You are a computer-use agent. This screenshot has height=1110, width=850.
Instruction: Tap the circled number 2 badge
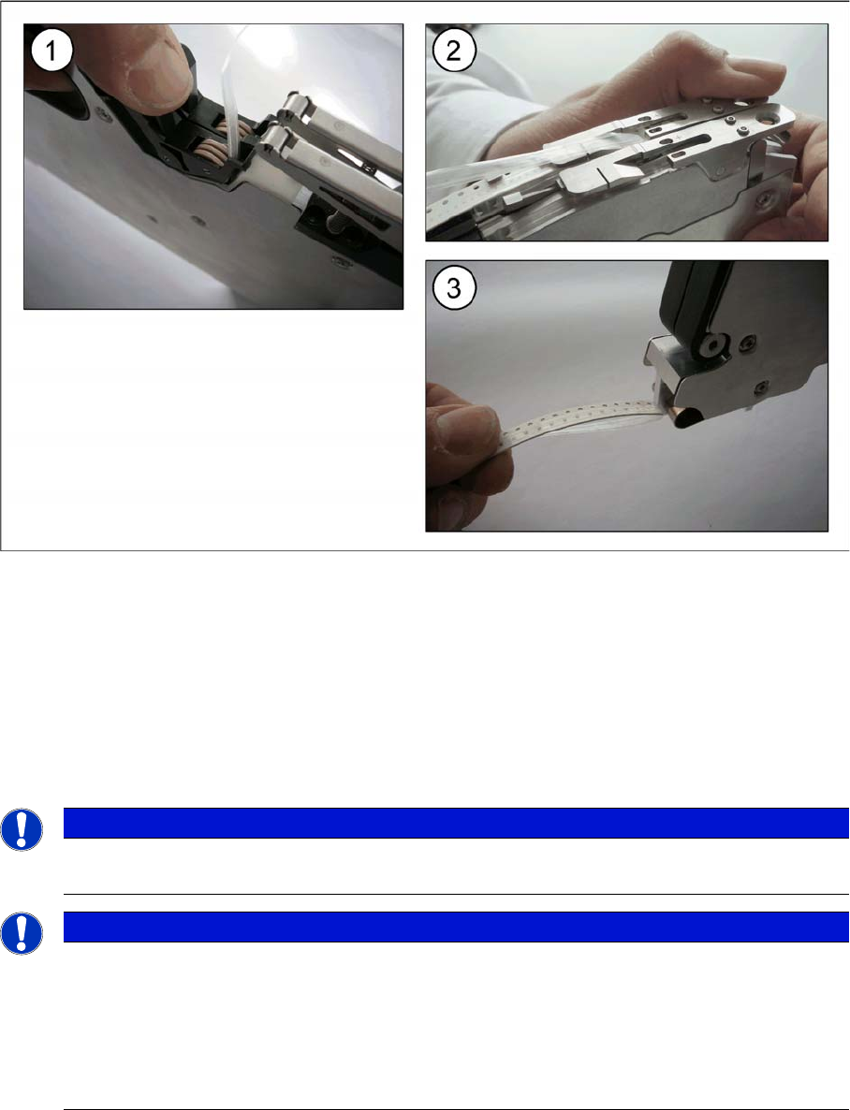pyautogui.click(x=453, y=50)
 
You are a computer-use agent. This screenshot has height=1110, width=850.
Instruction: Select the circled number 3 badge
pyautogui.click(x=453, y=288)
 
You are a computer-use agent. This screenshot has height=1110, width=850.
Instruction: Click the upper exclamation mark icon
pyautogui.click(x=22, y=829)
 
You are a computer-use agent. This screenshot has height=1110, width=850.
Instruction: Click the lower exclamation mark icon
pyautogui.click(x=22, y=933)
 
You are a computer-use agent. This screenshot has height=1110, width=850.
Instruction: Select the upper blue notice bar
pyautogui.click(x=456, y=824)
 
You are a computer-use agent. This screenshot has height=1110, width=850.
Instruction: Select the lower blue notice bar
pyautogui.click(x=456, y=927)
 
